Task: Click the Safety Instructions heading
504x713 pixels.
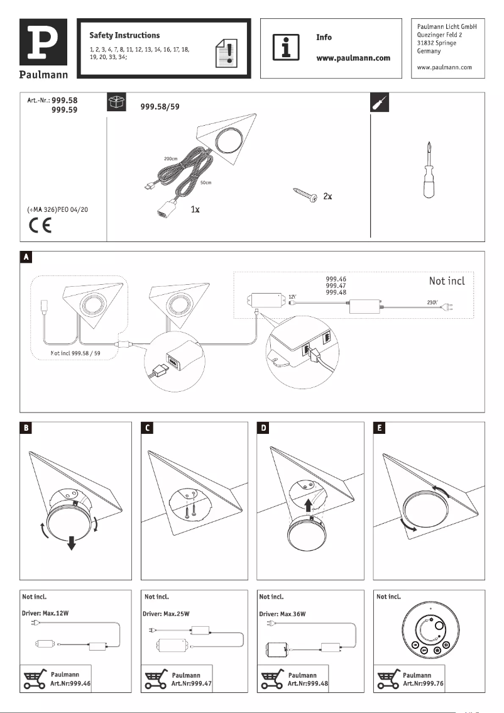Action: (124, 35)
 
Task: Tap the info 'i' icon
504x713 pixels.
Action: (285, 47)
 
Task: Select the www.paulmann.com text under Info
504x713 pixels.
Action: (353, 58)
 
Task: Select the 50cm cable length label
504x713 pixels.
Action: (205, 182)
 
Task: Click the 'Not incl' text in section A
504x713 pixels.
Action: (447, 280)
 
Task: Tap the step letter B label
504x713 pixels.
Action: (26, 428)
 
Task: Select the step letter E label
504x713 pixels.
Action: (381, 428)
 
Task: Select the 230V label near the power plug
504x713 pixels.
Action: (433, 302)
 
